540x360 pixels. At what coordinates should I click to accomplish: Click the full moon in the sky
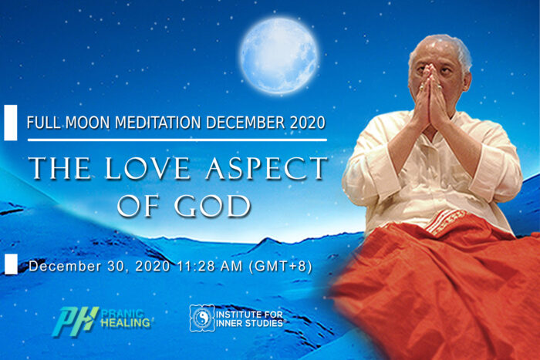(279, 56)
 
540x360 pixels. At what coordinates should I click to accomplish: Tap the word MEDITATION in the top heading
(157, 123)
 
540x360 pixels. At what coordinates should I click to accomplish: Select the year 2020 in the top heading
(307, 123)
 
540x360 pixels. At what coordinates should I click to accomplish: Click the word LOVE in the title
(147, 168)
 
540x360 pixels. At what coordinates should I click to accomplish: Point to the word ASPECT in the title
(266, 168)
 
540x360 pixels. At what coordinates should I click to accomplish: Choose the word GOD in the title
(212, 206)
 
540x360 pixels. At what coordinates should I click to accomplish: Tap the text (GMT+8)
(280, 267)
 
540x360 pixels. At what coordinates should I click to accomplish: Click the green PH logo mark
(75, 321)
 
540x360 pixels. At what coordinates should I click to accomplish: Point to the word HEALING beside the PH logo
(125, 323)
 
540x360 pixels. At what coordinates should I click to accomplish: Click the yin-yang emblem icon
(202, 318)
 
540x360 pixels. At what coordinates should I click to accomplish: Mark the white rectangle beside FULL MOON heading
(10, 123)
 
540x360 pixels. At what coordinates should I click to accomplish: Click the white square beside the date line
(11, 264)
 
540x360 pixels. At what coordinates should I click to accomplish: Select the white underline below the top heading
(177, 140)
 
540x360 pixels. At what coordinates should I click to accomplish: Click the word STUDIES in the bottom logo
(265, 324)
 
